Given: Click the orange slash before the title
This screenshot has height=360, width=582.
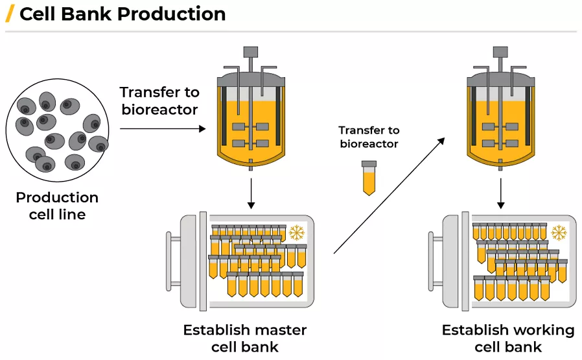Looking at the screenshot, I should pos(10,14).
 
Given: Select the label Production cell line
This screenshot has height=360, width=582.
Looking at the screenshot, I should pos(57,206).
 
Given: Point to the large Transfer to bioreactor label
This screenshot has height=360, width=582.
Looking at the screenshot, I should pos(159,101).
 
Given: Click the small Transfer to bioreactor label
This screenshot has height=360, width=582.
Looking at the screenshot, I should pos(369,137).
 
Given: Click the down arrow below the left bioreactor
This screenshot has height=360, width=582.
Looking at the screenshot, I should pos(251,195).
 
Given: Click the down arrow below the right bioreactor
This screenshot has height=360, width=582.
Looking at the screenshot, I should pos(501,195).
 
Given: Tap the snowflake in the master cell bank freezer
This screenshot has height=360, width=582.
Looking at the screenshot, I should pos(297,233).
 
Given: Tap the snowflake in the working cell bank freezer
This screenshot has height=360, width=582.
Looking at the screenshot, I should pos(558,233).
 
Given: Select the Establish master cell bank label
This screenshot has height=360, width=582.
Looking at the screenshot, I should pos(244,338).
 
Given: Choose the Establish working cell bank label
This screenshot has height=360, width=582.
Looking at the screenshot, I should pos(508,338).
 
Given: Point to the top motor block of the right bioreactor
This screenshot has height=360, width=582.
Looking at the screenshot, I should pos(500,51).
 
